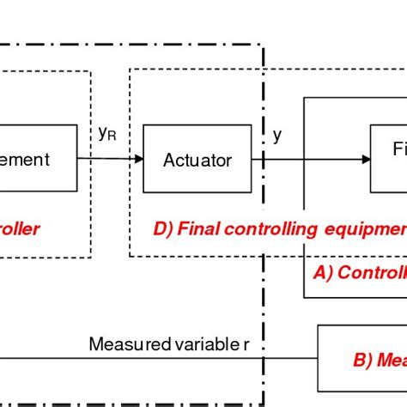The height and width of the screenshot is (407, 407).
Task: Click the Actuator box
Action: pyautogui.click(x=197, y=159)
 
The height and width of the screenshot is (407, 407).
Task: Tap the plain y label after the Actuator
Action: pyautogui.click(x=276, y=135)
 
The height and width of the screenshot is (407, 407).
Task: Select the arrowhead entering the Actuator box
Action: pyautogui.click(x=137, y=159)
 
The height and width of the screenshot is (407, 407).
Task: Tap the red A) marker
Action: pyautogui.click(x=323, y=272)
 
